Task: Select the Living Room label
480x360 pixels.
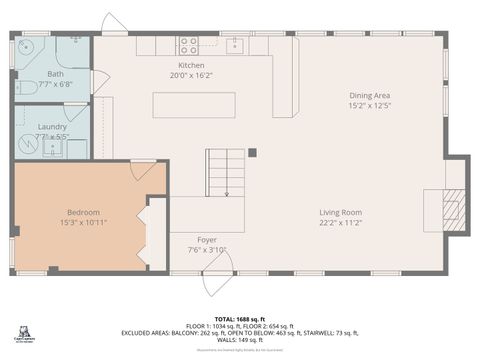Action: click(340, 212)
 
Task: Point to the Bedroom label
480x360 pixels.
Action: click(83, 212)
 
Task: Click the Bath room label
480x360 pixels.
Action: click(55, 74)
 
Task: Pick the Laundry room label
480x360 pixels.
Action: click(52, 127)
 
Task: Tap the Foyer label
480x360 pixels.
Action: click(207, 239)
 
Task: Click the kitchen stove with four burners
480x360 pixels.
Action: click(188, 44)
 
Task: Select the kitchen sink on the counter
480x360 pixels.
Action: click(232, 44)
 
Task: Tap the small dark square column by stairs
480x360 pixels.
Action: click(252, 153)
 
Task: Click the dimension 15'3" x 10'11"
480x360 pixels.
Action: click(83, 222)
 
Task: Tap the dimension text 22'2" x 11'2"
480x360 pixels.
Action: click(340, 223)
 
